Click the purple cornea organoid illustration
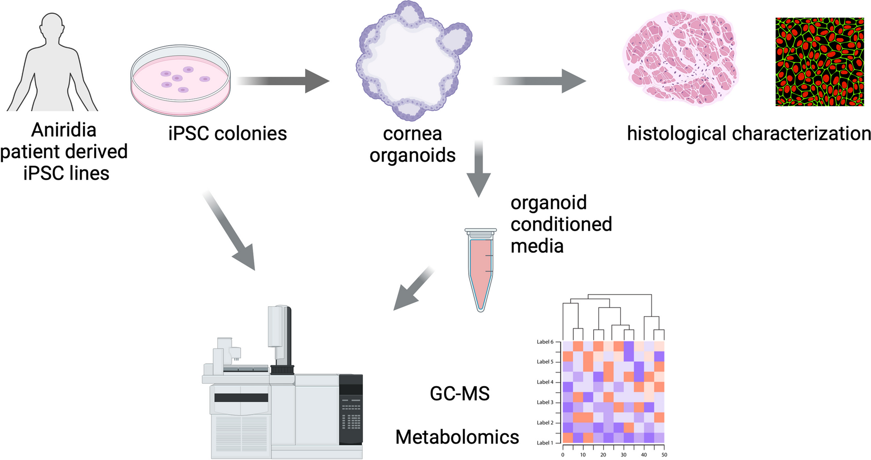(x=412, y=61)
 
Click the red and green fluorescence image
(x=819, y=62)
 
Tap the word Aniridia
(x=64, y=130)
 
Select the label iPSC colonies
(x=227, y=134)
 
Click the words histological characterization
(x=749, y=134)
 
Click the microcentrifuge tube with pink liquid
(x=481, y=269)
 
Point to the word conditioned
(x=561, y=224)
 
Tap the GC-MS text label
(x=460, y=394)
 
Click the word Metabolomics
(x=457, y=437)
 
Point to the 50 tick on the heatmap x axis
(x=664, y=455)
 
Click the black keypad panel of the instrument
(x=351, y=410)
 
